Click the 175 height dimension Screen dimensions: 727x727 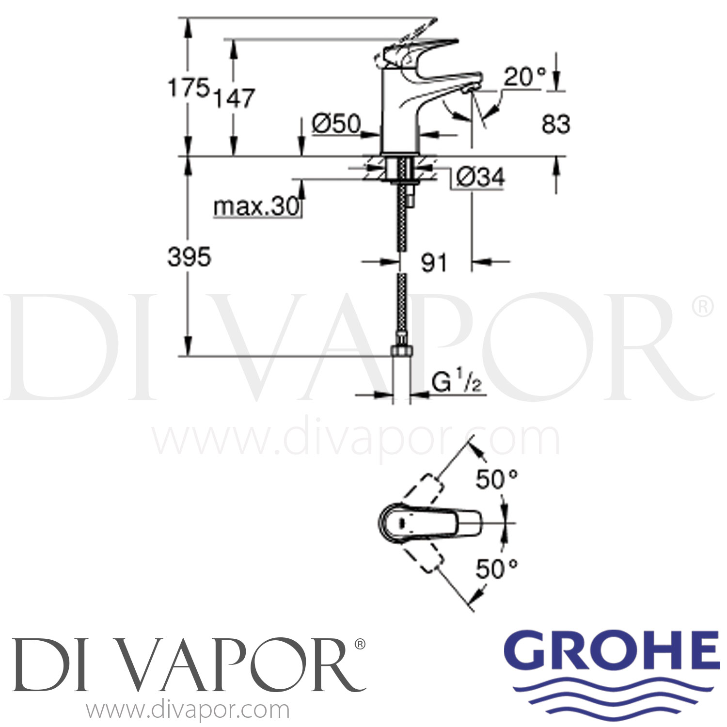click(189, 88)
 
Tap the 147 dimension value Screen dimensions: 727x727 click(235, 98)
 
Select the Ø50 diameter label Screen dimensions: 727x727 click(336, 124)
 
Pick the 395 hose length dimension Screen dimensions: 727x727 click(189, 256)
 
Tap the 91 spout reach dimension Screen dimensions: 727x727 click(434, 263)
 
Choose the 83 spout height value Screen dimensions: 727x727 click(555, 124)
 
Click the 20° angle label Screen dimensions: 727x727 click(524, 77)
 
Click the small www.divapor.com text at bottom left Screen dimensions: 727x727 click(188, 711)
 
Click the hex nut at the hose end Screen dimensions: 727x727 click(401, 351)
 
